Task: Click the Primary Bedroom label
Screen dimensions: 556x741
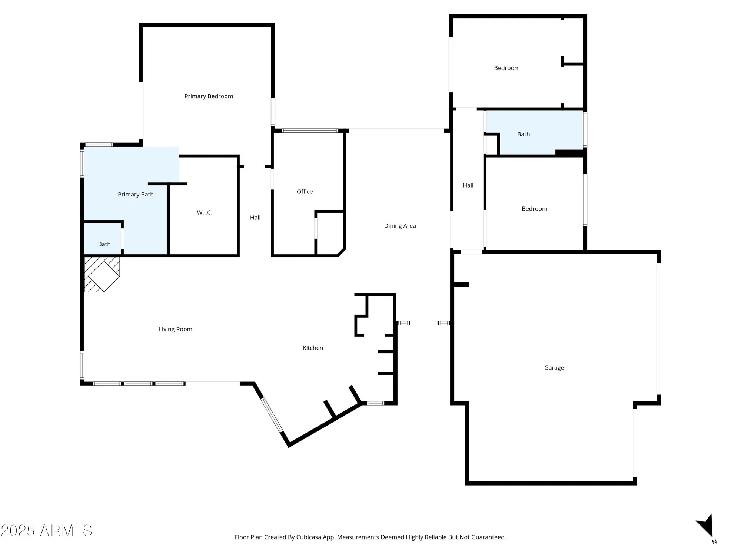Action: click(x=209, y=96)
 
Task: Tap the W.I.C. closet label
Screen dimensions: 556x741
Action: click(x=205, y=212)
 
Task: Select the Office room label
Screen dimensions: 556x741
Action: click(x=305, y=192)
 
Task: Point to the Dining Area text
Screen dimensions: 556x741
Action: click(x=400, y=226)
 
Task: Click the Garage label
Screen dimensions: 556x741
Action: click(x=554, y=368)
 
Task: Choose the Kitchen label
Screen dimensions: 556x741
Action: click(x=313, y=348)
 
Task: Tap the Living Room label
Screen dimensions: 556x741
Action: click(x=175, y=329)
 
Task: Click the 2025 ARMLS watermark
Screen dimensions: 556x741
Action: click(x=46, y=531)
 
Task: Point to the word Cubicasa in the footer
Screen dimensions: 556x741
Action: click(x=310, y=537)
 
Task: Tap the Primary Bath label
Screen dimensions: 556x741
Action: click(x=136, y=195)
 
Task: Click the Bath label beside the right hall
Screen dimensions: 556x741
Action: click(x=523, y=134)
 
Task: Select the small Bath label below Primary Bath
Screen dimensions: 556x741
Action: click(x=104, y=244)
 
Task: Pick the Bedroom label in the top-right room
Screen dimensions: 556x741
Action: click(x=506, y=68)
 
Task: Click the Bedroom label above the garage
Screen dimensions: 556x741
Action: click(x=534, y=209)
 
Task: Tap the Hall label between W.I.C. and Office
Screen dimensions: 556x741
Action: click(x=255, y=218)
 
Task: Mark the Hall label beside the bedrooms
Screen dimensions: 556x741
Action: click(x=468, y=185)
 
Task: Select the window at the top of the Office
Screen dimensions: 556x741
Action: click(x=310, y=130)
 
